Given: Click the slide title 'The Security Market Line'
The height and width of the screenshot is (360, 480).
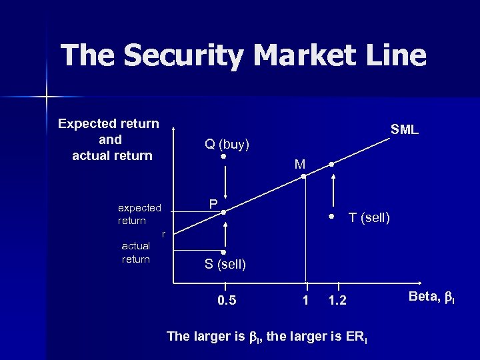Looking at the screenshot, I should tap(243, 56).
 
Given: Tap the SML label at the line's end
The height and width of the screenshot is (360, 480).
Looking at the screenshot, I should tap(405, 130).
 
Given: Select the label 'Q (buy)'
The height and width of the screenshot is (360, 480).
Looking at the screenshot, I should tap(227, 144).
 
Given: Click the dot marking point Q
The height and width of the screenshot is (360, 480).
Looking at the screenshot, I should tap(224, 157).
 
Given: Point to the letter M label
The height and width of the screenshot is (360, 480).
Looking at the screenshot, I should tap(300, 164).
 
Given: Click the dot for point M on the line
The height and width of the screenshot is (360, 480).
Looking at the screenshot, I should tap(303, 177).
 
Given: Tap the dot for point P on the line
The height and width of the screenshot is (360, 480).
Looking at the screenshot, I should tap(224, 212).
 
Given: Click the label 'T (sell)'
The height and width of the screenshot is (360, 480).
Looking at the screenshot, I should tap(369, 217).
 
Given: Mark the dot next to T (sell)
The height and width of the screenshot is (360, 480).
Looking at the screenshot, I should tap(331, 217).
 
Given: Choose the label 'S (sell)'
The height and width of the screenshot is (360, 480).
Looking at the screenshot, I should tap(225, 264).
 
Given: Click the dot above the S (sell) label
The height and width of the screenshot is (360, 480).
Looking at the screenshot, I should tap(224, 253).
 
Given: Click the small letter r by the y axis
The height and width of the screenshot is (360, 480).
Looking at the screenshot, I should tap(164, 233).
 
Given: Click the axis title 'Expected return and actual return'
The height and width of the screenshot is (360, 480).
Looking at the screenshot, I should tap(109, 140).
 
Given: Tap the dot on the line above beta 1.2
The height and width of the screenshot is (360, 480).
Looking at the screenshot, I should tap(331, 164).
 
